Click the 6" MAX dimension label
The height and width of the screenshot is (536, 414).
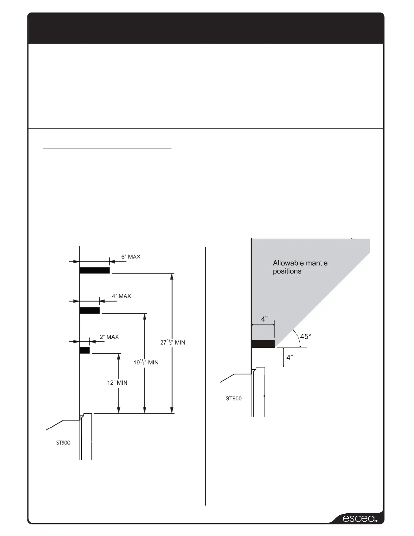pos(131,257)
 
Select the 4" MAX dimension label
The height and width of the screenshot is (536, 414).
pos(121,296)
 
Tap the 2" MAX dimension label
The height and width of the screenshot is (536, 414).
pos(109,337)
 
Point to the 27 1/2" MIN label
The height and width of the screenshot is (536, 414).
pos(172,342)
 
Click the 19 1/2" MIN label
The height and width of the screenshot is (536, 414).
pos(146,362)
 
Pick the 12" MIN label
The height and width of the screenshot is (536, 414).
pos(117,383)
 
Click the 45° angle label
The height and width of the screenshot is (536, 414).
pos(305,337)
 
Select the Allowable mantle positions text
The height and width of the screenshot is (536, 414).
pos(300,267)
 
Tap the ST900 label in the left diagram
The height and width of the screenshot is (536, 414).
pos(63,443)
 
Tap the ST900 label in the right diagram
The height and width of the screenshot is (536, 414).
pos(233,399)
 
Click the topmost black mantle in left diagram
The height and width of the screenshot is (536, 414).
pos(95,270)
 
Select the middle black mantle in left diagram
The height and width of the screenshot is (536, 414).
pos(90,310)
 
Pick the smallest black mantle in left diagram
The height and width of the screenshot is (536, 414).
pos(85,350)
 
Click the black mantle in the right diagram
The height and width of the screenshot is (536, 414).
pos(263,344)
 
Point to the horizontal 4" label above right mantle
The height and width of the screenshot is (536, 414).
pos(264,319)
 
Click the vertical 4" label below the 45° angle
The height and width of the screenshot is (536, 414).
pos(290,358)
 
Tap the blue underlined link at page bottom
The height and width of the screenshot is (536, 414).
pos(67,533)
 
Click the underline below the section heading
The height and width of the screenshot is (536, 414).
pos(108,148)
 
